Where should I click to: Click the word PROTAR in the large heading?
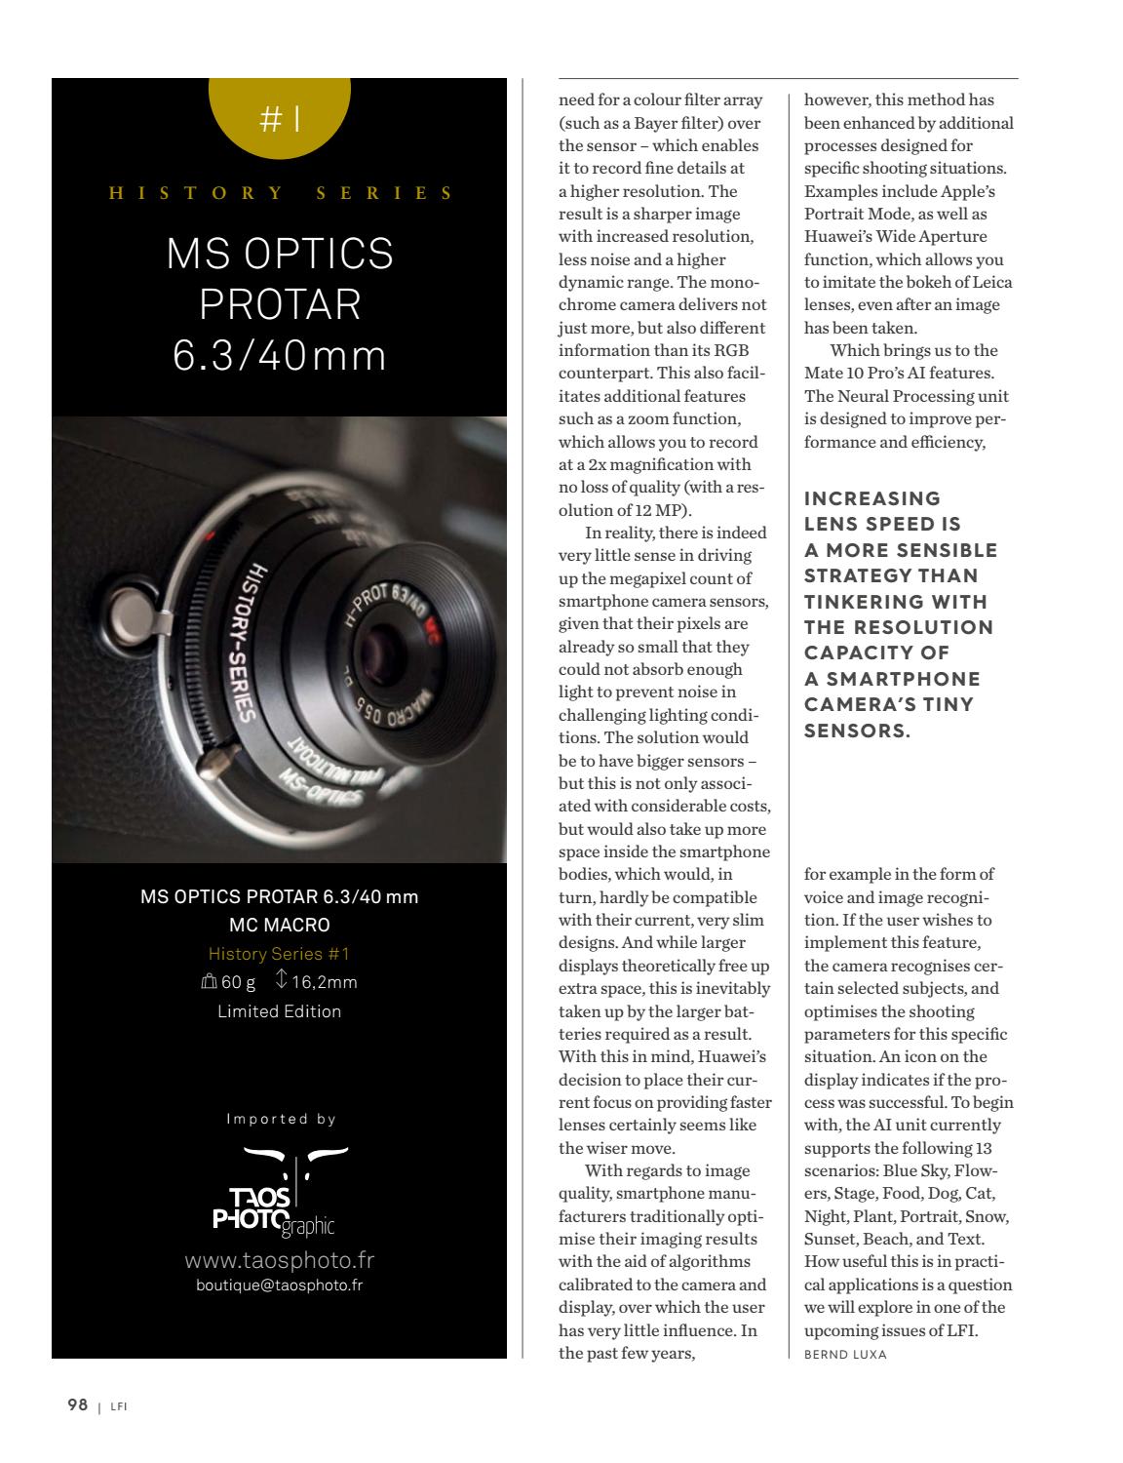pyautogui.click(x=280, y=304)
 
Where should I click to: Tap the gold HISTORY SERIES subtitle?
pyautogui.click(x=281, y=193)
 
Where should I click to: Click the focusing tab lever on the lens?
pyautogui.click(x=215, y=760)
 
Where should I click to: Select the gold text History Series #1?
pyautogui.click(x=279, y=954)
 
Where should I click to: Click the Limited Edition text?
pyautogui.click(x=279, y=1011)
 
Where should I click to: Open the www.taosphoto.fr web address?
pyautogui.click(x=279, y=1260)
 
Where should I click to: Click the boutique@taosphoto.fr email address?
pyautogui.click(x=279, y=1285)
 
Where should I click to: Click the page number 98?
pyautogui.click(x=77, y=1405)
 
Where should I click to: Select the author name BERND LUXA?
pyautogui.click(x=845, y=1354)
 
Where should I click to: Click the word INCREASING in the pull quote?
pyautogui.click(x=872, y=498)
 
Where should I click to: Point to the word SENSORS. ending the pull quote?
pyautogui.click(x=857, y=731)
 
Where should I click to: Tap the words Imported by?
pyautogui.click(x=281, y=1119)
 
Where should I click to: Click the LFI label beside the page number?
pyautogui.click(x=119, y=1406)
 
